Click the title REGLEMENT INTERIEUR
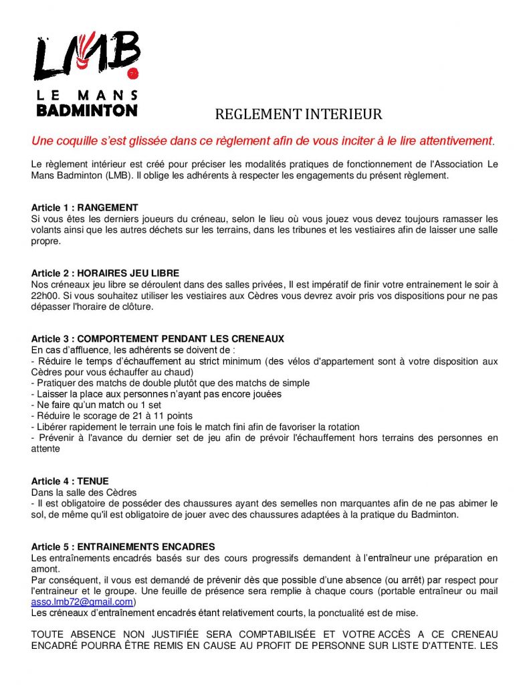(298, 114)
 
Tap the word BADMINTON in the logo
(86, 110)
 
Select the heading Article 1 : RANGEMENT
(84, 208)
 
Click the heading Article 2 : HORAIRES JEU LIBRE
(105, 273)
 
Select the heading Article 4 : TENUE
(70, 481)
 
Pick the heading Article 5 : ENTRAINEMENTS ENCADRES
(123, 547)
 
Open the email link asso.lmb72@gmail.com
(82, 601)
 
